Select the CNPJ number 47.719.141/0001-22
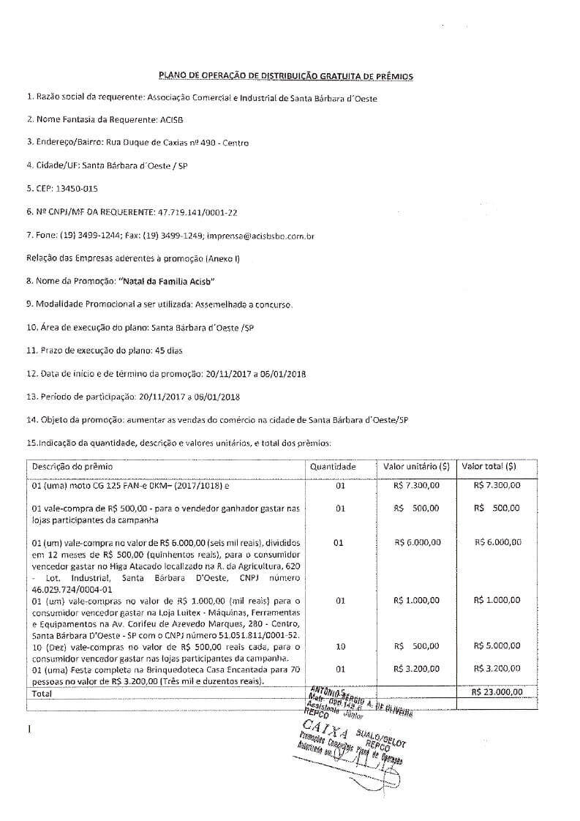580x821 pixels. (x=197, y=212)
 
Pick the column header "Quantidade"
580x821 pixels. (x=333, y=466)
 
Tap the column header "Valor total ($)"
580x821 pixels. (x=489, y=466)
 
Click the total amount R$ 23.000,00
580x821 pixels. (x=497, y=691)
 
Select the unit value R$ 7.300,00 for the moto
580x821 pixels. (x=416, y=484)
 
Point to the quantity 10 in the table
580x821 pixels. (x=339, y=646)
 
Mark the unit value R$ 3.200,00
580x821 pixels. (x=416, y=668)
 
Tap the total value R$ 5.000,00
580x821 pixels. (x=497, y=646)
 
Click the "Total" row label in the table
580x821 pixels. (x=42, y=692)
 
